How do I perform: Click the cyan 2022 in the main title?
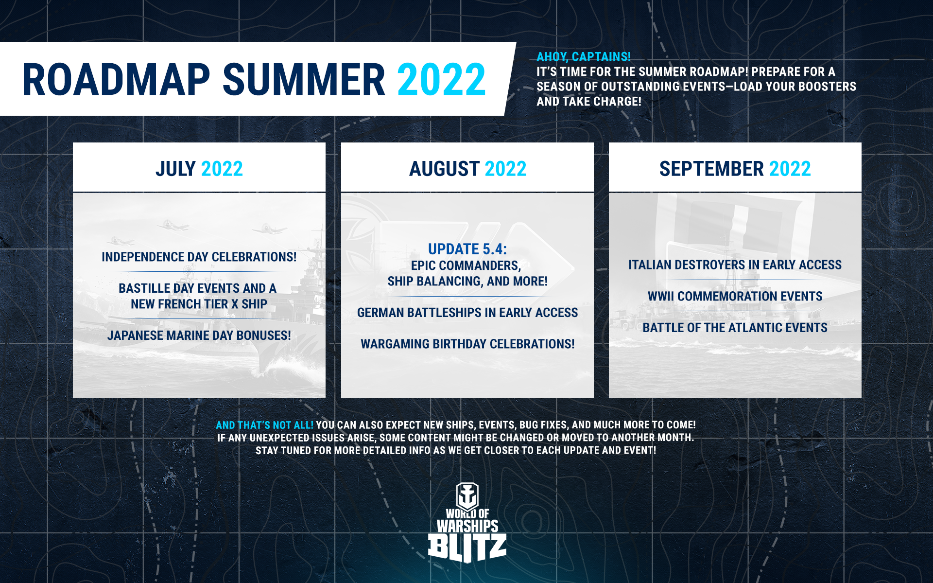tap(441, 79)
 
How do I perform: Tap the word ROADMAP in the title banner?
tap(116, 79)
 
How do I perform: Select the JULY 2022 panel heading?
tap(199, 169)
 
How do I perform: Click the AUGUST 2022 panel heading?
tap(467, 169)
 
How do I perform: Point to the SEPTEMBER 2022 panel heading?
tap(735, 169)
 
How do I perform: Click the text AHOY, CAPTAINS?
tap(584, 56)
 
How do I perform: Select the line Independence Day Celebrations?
tap(199, 257)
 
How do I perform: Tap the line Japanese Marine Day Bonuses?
tap(199, 336)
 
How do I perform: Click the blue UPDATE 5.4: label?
tap(467, 249)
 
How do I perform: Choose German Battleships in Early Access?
tap(467, 313)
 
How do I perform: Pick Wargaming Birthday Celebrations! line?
tap(467, 344)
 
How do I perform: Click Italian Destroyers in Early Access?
tap(735, 265)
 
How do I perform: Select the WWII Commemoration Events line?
tap(735, 296)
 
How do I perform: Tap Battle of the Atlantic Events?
tap(735, 328)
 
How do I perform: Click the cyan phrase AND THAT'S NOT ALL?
tap(265, 425)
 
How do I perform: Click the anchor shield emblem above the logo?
tap(467, 496)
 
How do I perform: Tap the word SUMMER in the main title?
tap(304, 79)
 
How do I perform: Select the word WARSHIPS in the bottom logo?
tap(467, 526)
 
